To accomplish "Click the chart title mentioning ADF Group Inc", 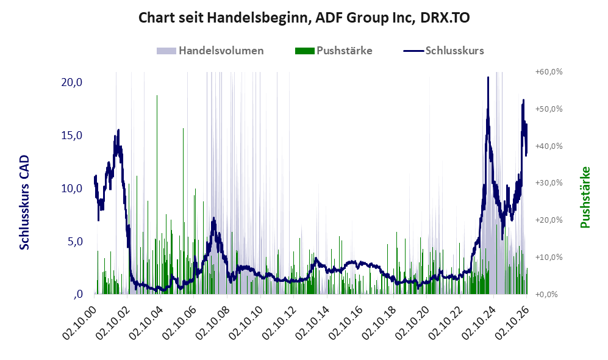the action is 304,18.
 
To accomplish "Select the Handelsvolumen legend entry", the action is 210,51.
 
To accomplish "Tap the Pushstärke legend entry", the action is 334,51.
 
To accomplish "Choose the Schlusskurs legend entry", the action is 443,51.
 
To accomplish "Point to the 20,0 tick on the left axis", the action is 72,82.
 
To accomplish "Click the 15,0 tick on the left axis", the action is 72,135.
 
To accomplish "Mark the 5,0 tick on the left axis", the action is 75,241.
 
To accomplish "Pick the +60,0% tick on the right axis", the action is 549,72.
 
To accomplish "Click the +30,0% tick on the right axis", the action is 549,182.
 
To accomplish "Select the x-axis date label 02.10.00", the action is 79,323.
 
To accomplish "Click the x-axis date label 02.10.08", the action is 212,323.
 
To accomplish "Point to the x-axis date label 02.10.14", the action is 312,323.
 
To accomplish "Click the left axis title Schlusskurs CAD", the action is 24,202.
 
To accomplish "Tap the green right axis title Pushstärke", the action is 585,198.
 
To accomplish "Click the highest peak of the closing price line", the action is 488,77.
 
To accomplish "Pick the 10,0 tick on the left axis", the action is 72,189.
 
